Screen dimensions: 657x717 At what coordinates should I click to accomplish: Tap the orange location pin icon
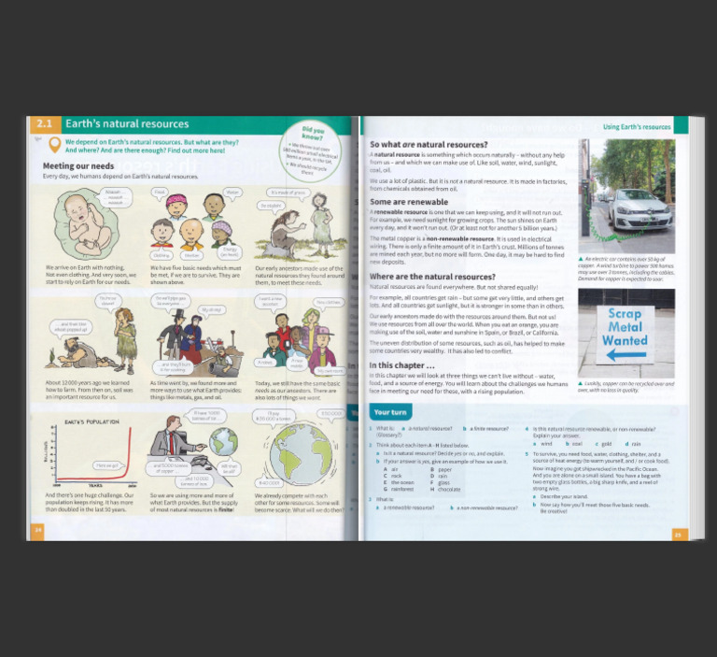54,145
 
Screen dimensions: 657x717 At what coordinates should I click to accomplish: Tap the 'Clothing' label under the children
162,253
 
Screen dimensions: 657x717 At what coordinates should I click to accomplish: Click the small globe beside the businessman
223,441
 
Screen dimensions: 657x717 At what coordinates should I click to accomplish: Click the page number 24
38,530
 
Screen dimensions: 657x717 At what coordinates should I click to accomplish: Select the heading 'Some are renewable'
409,202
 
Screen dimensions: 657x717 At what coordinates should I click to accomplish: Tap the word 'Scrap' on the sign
626,314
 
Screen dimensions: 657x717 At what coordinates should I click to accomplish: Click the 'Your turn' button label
391,411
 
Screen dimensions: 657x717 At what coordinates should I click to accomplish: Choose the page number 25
678,535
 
